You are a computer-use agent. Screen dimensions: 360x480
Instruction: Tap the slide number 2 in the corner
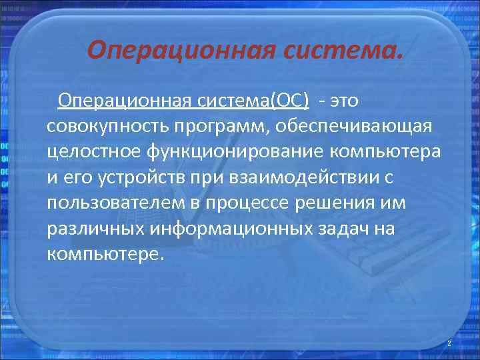point(449,343)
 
